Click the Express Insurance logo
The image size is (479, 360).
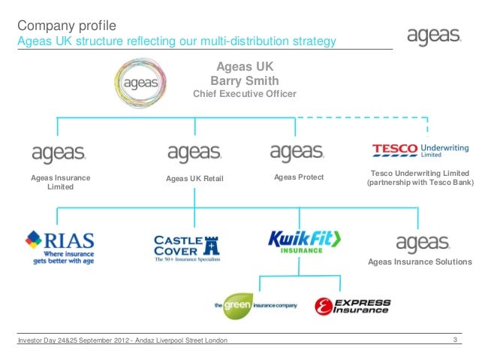click(352, 306)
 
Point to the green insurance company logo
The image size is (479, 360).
click(256, 305)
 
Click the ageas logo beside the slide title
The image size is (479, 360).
click(433, 37)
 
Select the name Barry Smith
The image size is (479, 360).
click(245, 80)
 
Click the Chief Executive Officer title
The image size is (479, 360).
click(245, 94)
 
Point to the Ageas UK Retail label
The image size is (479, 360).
click(194, 178)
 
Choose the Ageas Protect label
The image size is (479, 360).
click(299, 177)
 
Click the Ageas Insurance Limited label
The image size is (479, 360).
click(60, 182)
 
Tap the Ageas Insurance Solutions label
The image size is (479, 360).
click(420, 262)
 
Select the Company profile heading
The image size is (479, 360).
click(64, 26)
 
